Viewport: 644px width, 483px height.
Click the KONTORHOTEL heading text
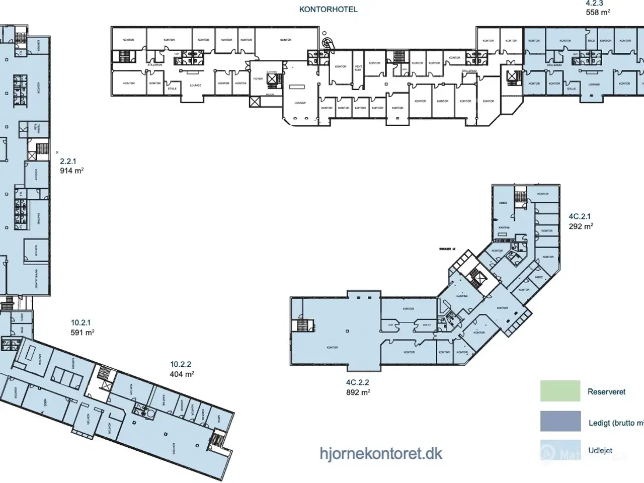click(328, 9)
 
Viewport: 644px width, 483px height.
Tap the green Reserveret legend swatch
click(560, 391)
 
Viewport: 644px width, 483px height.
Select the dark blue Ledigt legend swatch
click(560, 421)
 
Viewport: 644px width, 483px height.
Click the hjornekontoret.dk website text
click(381, 453)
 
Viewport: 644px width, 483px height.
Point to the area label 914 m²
click(71, 171)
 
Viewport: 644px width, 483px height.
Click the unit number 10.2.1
click(80, 323)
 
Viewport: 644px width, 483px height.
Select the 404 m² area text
click(182, 374)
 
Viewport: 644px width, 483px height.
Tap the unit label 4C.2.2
click(357, 382)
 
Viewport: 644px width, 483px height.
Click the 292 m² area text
click(581, 226)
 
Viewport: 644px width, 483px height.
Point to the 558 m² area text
click(598, 13)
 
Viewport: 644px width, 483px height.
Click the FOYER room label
click(258, 79)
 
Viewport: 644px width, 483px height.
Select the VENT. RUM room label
click(358, 68)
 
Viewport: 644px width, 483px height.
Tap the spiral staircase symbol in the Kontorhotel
click(328, 43)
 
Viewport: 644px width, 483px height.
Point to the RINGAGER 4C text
click(447, 249)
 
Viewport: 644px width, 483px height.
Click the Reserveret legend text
click(606, 391)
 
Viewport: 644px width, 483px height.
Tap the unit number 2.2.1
click(68, 161)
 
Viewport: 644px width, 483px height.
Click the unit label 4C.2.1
click(579, 216)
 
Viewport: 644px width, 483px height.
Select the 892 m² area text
click(358, 392)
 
